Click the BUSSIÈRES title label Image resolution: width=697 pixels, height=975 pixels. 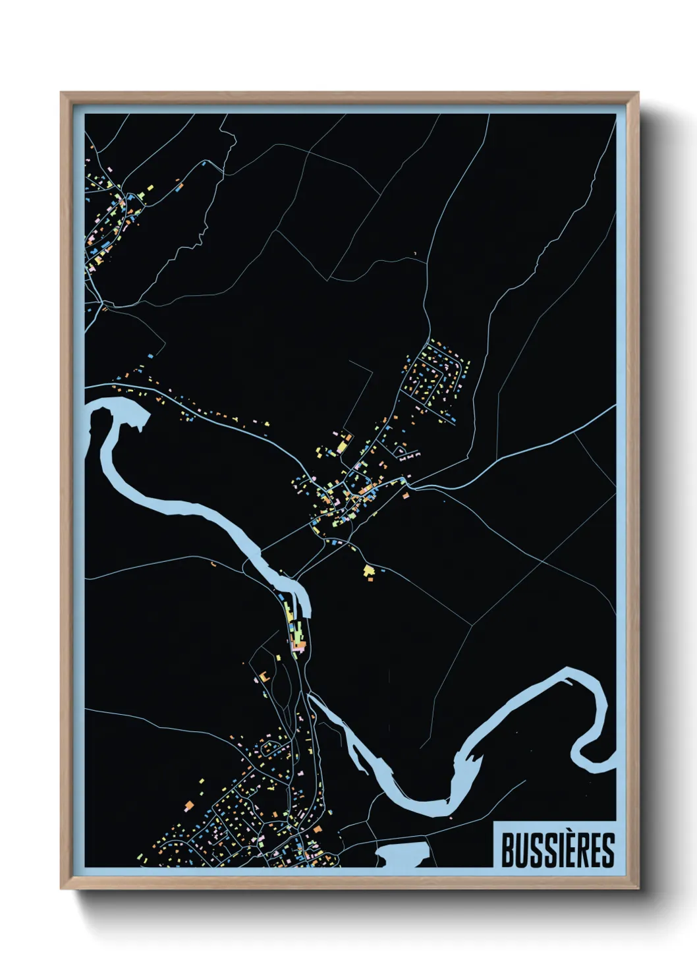click(x=557, y=850)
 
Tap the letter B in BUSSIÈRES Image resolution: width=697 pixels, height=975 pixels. click(x=508, y=850)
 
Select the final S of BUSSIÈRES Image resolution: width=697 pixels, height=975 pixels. click(x=608, y=850)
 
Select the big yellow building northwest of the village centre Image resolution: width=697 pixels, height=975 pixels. click(x=341, y=446)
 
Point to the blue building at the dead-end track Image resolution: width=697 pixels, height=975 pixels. click(x=151, y=356)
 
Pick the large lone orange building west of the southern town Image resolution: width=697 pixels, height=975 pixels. click(x=188, y=805)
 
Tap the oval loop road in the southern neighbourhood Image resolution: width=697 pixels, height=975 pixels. click(x=270, y=748)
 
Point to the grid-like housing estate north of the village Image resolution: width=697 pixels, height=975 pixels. click(x=435, y=379)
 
